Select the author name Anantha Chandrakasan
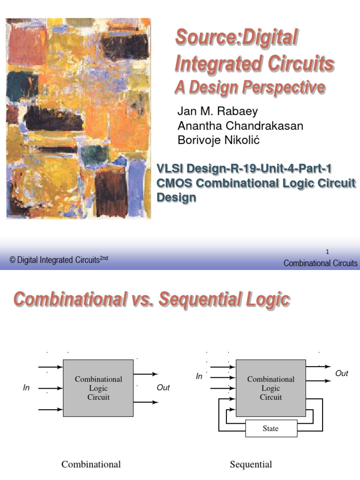click(x=240, y=126)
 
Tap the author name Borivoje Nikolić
click(x=225, y=140)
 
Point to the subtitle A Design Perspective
click(x=249, y=87)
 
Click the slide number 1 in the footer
click(x=327, y=252)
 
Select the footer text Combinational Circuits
click(x=320, y=263)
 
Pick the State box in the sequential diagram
click(x=270, y=428)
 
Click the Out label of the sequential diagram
click(x=342, y=374)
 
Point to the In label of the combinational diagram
click(x=27, y=388)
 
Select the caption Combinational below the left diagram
click(x=91, y=465)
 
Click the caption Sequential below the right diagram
click(x=251, y=465)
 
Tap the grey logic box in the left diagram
click(x=98, y=388)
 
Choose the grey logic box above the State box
click(x=271, y=388)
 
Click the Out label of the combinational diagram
click(x=163, y=388)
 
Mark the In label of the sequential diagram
click(x=199, y=376)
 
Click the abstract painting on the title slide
click(x=78, y=118)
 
